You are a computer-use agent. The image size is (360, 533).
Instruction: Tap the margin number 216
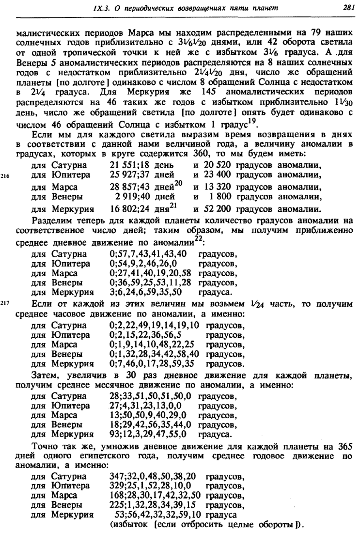coord(6,176)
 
